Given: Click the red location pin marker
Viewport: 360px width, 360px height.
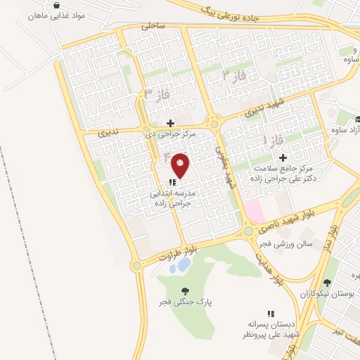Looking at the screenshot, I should point(181,165).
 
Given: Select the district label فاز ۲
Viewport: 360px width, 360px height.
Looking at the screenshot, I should point(235,74).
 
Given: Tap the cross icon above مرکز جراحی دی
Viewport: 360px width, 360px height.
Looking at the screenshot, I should point(170,122).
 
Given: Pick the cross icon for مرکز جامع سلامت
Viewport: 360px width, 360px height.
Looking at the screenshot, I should point(283,157).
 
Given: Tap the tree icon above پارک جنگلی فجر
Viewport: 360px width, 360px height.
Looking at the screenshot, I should point(185,291).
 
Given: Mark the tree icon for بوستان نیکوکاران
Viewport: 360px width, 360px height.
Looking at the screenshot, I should point(327,283).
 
